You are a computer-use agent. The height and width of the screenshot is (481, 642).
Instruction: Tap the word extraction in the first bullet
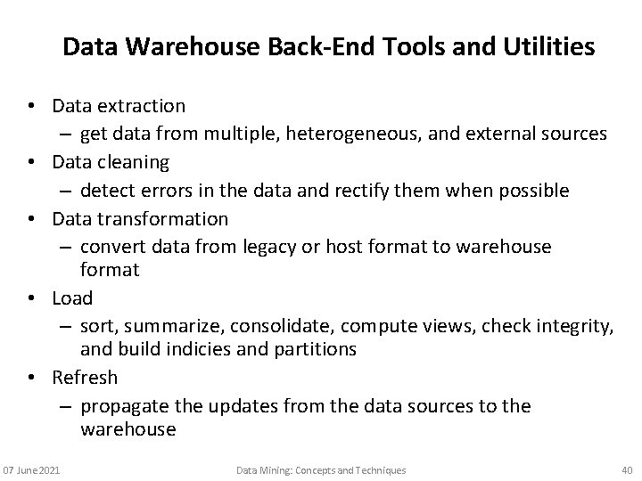142,106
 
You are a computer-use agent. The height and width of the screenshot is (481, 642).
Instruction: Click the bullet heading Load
72,297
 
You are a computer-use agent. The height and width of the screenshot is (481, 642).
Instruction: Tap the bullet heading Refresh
85,378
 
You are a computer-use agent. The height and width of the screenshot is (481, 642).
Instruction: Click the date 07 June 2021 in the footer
31,469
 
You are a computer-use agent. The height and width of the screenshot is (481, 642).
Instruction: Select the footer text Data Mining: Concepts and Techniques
321,469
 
